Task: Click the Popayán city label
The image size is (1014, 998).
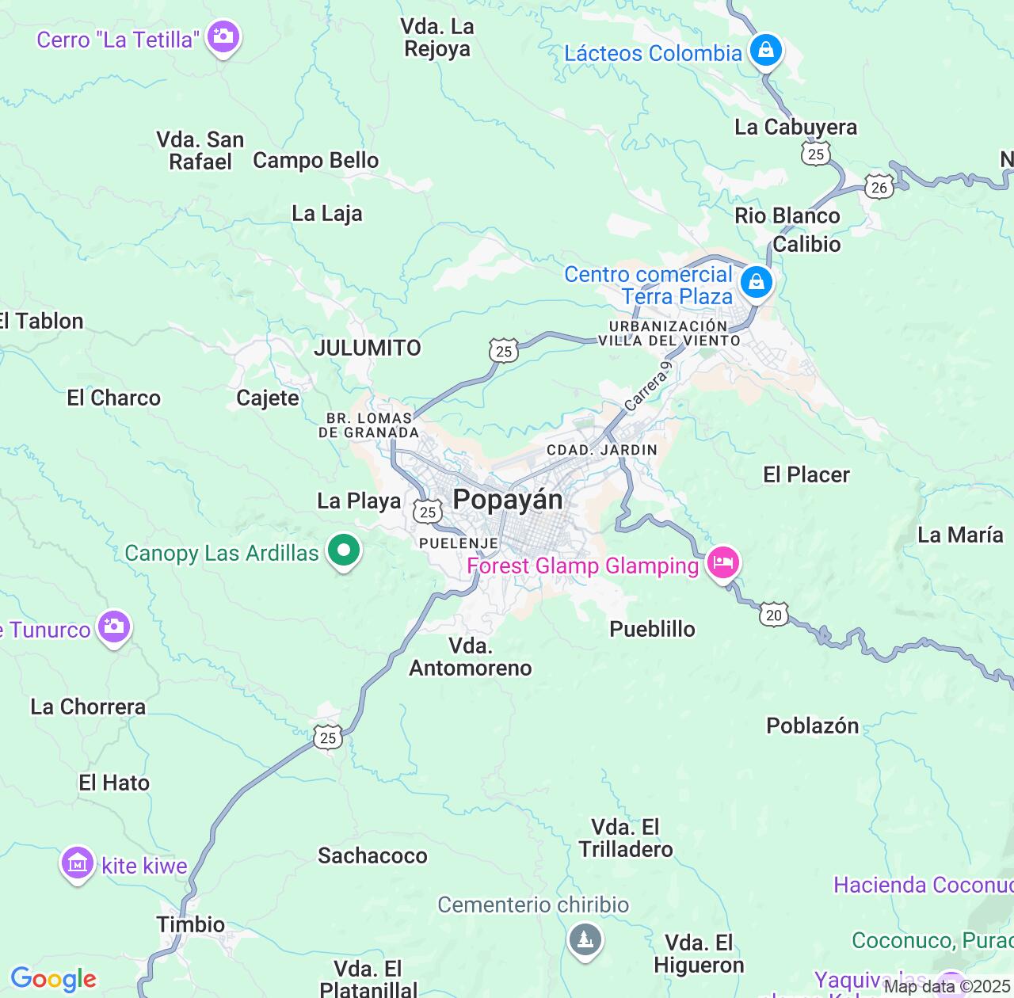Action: (x=508, y=500)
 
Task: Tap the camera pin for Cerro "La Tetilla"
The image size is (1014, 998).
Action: (x=223, y=37)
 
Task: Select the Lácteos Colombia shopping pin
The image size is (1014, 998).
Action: (x=765, y=51)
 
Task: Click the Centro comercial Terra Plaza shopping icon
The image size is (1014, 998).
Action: (x=756, y=282)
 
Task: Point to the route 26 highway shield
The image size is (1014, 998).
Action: (x=879, y=187)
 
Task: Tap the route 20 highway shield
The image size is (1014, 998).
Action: (x=774, y=615)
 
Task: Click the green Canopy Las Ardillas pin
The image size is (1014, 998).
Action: (x=344, y=550)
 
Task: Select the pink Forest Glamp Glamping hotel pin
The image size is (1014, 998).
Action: (x=722, y=564)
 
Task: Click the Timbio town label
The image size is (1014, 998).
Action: (x=190, y=924)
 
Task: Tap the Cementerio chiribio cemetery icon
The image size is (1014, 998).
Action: (x=585, y=940)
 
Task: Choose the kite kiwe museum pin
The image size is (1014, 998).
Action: (x=78, y=864)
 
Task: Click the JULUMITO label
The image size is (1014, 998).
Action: (x=368, y=348)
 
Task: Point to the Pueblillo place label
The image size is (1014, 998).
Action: (x=652, y=629)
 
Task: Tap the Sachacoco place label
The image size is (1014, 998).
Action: (x=372, y=855)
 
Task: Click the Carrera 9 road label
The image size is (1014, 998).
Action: (x=648, y=387)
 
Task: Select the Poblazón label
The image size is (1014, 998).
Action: (x=812, y=726)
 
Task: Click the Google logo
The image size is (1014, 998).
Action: (x=53, y=979)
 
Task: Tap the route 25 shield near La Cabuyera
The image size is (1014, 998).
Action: (x=816, y=154)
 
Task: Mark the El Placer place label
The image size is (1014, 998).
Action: (x=806, y=474)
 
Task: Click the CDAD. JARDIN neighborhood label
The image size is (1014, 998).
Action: (x=601, y=450)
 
